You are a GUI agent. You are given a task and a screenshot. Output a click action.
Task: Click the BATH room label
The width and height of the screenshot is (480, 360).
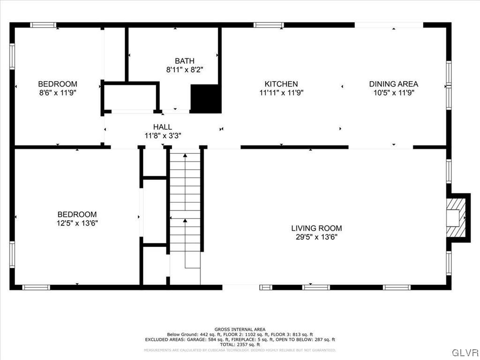184,61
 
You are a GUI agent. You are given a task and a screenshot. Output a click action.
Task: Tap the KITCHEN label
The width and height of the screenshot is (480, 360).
281,84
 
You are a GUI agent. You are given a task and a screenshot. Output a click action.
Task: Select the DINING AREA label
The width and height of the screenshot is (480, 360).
393,84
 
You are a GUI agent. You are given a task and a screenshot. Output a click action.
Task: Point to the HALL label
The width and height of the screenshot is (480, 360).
162,127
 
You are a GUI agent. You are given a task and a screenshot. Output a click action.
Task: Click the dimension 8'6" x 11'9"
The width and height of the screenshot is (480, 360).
57,93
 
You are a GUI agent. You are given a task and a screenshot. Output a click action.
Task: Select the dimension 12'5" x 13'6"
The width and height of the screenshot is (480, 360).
77,223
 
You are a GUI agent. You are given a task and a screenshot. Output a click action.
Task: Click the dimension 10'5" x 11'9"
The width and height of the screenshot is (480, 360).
393,93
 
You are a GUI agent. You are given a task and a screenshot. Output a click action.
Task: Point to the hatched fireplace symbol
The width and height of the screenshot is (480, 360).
456,218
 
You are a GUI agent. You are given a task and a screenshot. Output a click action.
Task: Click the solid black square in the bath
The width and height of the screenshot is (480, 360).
205,98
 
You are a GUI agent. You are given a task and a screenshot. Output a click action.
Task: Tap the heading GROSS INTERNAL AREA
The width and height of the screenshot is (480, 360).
240,330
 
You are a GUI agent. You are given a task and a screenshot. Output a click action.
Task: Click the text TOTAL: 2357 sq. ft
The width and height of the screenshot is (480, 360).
240,345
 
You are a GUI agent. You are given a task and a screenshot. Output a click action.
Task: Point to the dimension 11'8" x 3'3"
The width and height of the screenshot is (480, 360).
162,135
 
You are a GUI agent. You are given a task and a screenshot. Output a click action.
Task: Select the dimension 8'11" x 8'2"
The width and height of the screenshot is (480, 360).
184,69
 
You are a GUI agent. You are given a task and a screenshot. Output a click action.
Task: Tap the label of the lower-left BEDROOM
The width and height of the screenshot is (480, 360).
77,214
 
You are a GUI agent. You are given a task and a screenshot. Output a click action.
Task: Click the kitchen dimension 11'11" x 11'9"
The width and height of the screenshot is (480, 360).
281,93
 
